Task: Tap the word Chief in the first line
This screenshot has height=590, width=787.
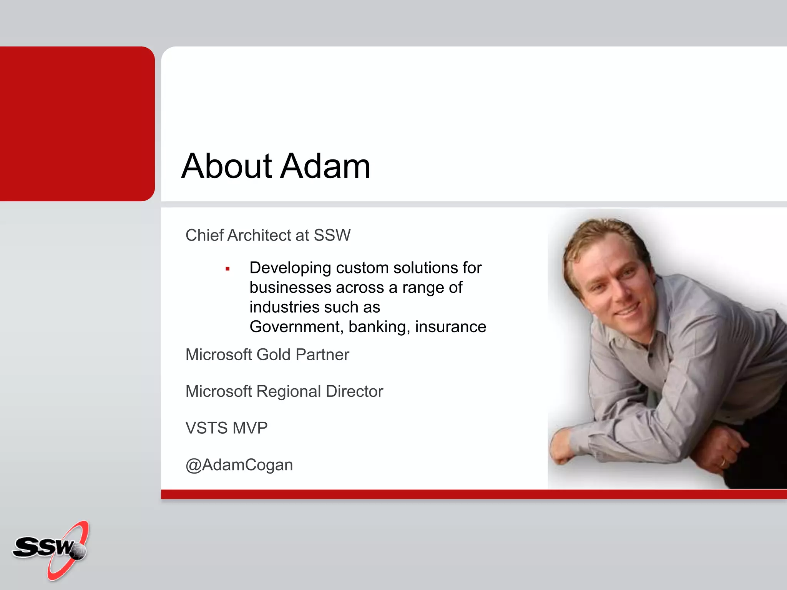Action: tap(204, 235)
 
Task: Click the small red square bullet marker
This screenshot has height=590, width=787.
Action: tap(227, 269)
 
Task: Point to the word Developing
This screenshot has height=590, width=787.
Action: tap(290, 268)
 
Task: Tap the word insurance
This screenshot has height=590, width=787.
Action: tap(450, 327)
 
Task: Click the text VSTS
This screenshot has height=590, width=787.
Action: tap(206, 428)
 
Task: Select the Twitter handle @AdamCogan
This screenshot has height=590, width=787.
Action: tap(239, 465)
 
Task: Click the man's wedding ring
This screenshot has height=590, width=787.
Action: tap(722, 462)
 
